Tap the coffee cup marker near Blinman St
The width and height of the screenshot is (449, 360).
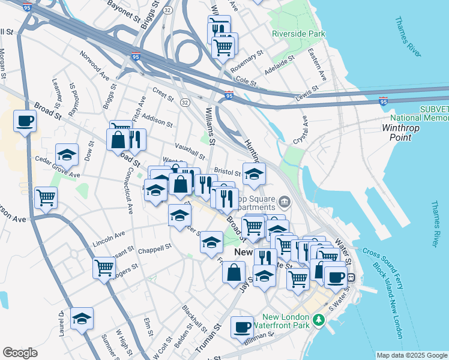click(x=242, y=327)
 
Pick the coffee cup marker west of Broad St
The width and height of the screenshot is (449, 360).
click(x=25, y=121)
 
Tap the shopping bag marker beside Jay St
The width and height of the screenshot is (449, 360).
click(x=234, y=272)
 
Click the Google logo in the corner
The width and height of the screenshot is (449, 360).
click(x=20, y=353)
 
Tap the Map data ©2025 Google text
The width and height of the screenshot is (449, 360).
click(x=412, y=355)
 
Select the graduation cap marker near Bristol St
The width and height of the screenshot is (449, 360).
click(x=254, y=173)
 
